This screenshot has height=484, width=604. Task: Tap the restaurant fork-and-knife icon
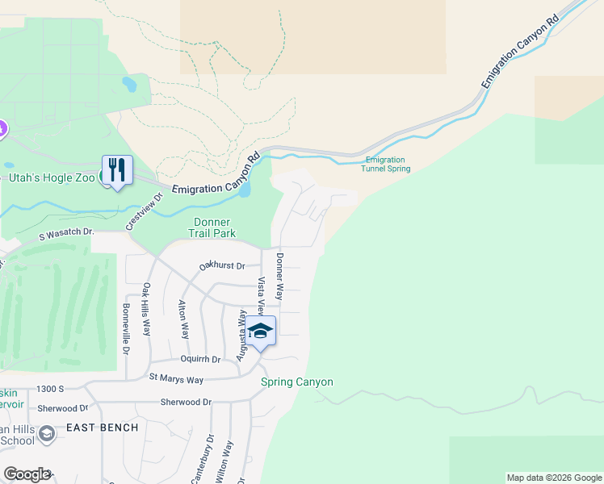[x=117, y=169]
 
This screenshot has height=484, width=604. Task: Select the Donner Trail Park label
[x=214, y=228]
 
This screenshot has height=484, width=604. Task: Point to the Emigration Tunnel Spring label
[x=388, y=165]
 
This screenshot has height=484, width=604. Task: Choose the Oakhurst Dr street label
[x=222, y=266]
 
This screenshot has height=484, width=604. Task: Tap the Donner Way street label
[x=280, y=277]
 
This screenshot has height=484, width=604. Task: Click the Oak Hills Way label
[x=146, y=309]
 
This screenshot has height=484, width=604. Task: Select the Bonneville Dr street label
[x=126, y=329]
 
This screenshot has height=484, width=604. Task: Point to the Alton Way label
[x=184, y=319]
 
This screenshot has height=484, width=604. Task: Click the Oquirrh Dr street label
[x=200, y=359]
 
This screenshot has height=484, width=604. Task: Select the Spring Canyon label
[x=296, y=382]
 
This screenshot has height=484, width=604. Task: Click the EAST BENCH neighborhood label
[x=102, y=428]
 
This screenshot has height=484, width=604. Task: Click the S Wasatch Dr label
[x=66, y=233]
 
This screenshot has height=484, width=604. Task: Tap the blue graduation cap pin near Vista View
[x=261, y=331]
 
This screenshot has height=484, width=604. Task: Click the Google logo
[x=27, y=474]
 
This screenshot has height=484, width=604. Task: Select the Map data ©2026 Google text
[x=553, y=478]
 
